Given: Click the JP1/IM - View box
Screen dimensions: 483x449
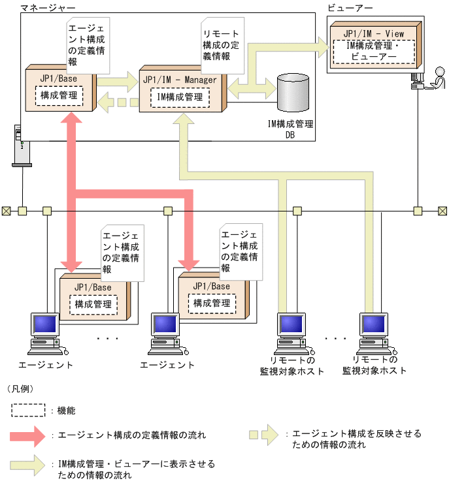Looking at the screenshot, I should pos(374,46).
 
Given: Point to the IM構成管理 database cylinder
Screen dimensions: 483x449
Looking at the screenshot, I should pos(292,93).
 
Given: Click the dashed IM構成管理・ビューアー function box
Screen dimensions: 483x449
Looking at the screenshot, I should pos(374,52).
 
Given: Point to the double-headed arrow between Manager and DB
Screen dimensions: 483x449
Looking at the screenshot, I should pos(251,86).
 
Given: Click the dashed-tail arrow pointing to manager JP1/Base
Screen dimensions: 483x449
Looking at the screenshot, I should pos(118,101).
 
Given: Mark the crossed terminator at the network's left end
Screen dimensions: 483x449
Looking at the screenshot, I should pos(6,211).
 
